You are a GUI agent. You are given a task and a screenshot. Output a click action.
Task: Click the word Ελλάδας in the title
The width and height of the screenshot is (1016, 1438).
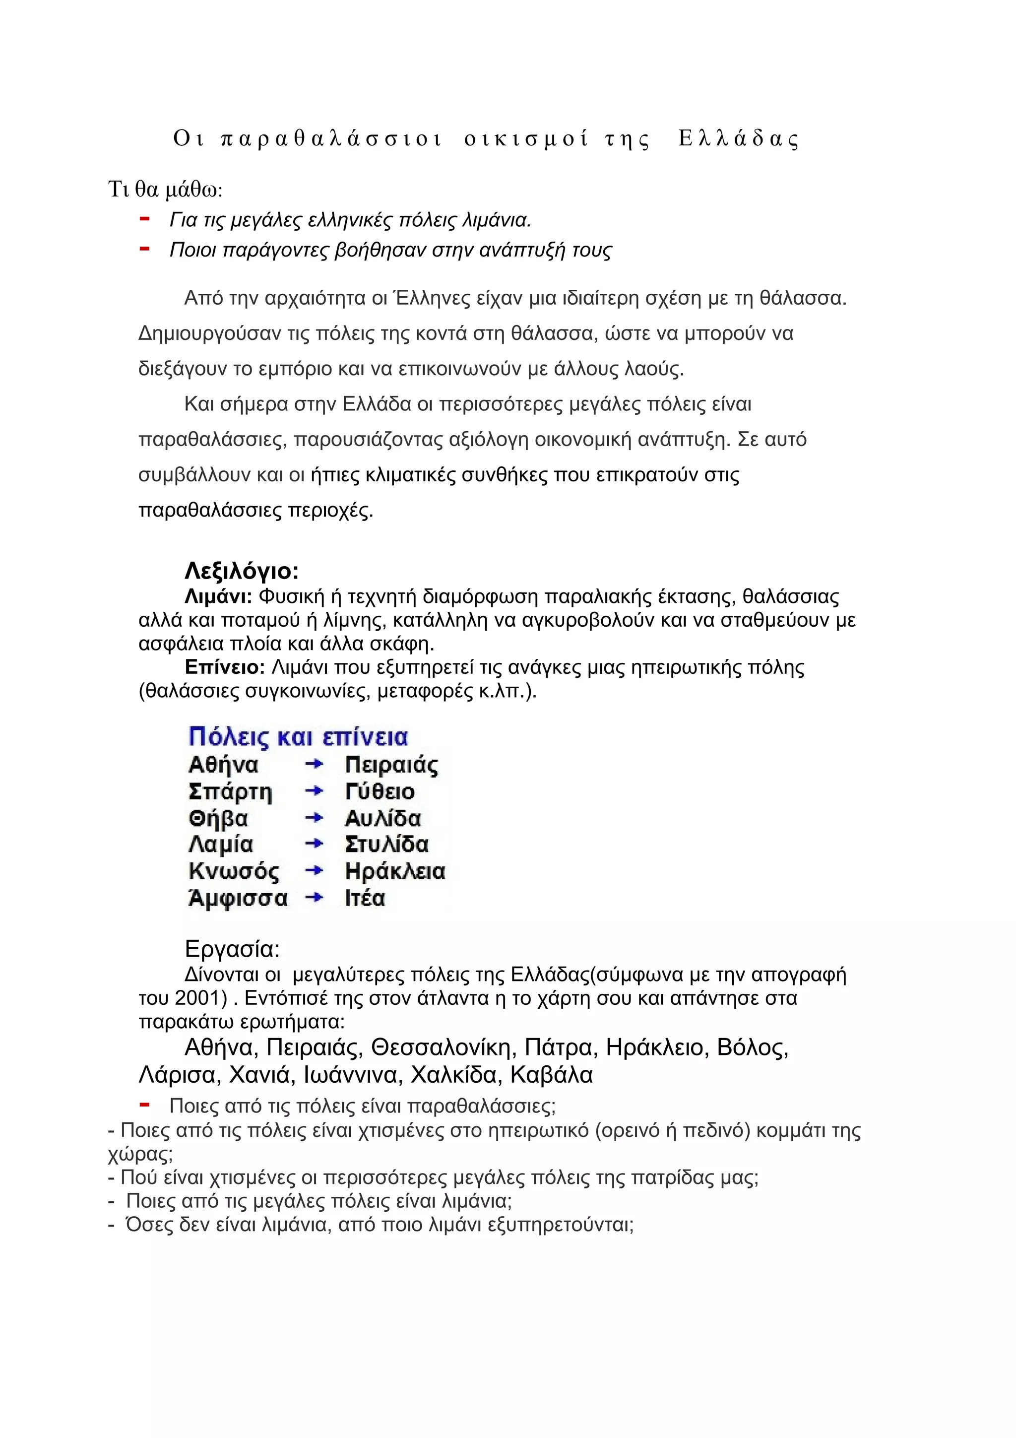(739, 138)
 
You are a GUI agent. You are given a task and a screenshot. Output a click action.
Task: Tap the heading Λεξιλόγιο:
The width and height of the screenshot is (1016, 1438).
(242, 571)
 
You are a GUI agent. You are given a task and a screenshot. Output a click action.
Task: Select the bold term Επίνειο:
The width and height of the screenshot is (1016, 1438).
(225, 668)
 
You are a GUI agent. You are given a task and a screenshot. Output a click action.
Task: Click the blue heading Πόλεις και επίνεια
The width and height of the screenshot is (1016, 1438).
(298, 737)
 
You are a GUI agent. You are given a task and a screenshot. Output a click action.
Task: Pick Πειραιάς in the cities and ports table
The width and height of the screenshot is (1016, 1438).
(391, 765)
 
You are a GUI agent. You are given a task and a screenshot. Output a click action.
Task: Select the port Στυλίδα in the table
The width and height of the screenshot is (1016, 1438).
(386, 844)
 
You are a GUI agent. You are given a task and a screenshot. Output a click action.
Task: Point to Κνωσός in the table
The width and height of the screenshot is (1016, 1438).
(234, 871)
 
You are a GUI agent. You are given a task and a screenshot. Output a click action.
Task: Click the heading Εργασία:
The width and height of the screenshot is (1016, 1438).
(232, 949)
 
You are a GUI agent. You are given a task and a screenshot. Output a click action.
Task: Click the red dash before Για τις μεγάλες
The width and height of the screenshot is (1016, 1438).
(144, 219)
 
